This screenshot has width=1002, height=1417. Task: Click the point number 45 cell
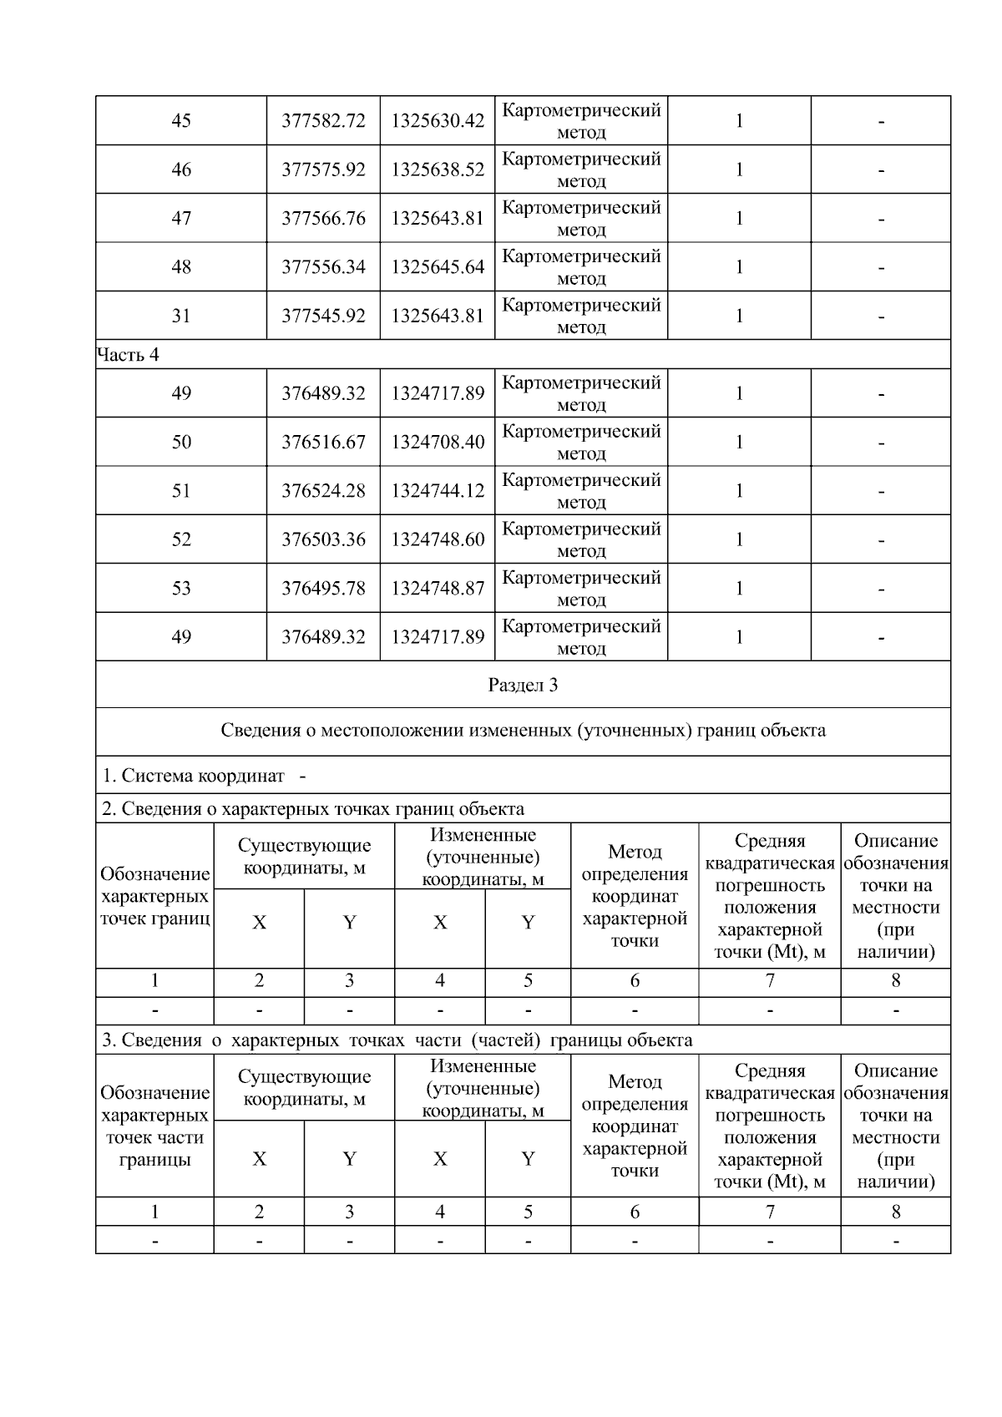pyautogui.click(x=181, y=120)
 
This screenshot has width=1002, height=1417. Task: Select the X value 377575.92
pyautogui.click(x=323, y=170)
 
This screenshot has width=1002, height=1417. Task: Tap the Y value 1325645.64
pyautogui.click(x=438, y=267)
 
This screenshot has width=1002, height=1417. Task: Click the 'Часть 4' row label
pyautogui.click(x=129, y=355)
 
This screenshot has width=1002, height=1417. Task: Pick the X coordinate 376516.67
pyautogui.click(x=323, y=442)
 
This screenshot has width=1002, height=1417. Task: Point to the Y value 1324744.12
pyautogui.click(x=438, y=491)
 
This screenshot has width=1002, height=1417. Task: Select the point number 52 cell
pyautogui.click(x=181, y=539)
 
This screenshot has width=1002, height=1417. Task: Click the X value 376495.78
pyautogui.click(x=323, y=589)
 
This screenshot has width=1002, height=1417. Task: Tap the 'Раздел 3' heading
pyautogui.click(x=523, y=686)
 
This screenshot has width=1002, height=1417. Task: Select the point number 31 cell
pyautogui.click(x=181, y=316)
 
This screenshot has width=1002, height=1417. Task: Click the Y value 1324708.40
pyautogui.click(x=438, y=442)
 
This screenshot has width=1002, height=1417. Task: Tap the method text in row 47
pyautogui.click(x=581, y=218)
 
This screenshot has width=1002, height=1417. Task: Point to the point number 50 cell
pyautogui.click(x=181, y=442)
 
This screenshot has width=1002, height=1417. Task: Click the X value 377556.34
pyautogui.click(x=323, y=267)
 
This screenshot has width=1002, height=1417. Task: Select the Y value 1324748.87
pyautogui.click(x=438, y=589)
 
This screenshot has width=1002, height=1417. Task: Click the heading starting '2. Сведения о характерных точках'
pyautogui.click(x=313, y=808)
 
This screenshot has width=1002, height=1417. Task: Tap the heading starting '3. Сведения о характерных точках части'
pyautogui.click(x=397, y=1040)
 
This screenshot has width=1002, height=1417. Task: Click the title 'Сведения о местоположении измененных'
pyautogui.click(x=523, y=731)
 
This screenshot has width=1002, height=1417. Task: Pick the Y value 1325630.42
pyautogui.click(x=438, y=120)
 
